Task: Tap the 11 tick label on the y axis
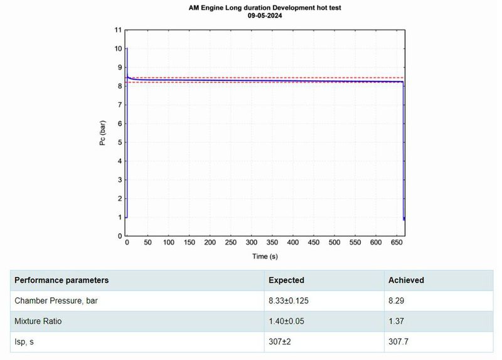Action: [x=117, y=30]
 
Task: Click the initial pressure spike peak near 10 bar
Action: [x=127, y=48]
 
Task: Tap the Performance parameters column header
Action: [x=61, y=280]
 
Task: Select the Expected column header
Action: [x=286, y=280]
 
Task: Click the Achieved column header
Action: [x=407, y=280]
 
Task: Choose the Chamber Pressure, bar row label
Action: [x=56, y=300]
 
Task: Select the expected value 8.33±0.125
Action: [x=289, y=300]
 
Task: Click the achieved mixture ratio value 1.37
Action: [x=398, y=321]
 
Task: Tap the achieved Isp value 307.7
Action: [x=400, y=342]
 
